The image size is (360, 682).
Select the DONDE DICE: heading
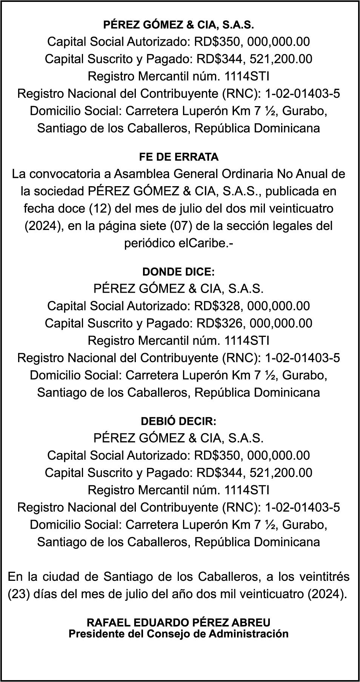click(x=178, y=272)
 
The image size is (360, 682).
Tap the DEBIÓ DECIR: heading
click(x=178, y=421)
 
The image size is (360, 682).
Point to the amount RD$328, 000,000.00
click(x=252, y=306)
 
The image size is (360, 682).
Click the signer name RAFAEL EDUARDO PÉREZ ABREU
click(x=178, y=622)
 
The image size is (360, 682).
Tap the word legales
click(x=291, y=226)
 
